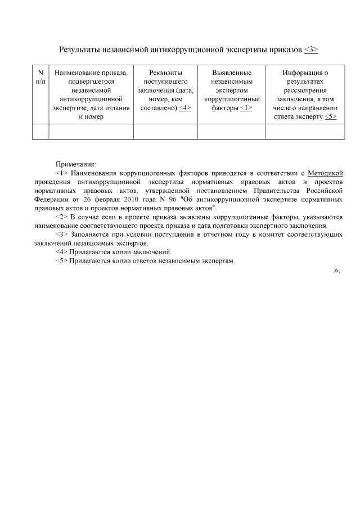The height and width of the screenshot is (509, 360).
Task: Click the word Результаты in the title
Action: (80, 49)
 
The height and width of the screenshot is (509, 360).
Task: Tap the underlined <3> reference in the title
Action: (311, 49)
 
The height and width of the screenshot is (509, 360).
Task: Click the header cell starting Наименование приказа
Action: (91, 94)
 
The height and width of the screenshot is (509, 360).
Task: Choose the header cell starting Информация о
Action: (305, 94)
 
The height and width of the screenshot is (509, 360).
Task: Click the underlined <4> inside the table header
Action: (185, 108)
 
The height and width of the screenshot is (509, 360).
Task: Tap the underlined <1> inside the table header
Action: (246, 108)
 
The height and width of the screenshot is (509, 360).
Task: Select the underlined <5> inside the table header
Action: (330, 117)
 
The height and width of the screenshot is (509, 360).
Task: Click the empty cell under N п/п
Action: (40, 131)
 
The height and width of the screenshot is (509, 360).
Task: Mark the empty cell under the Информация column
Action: (305, 131)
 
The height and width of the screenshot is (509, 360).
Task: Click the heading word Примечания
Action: (79, 163)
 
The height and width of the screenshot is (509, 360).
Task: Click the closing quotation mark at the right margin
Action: (336, 271)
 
